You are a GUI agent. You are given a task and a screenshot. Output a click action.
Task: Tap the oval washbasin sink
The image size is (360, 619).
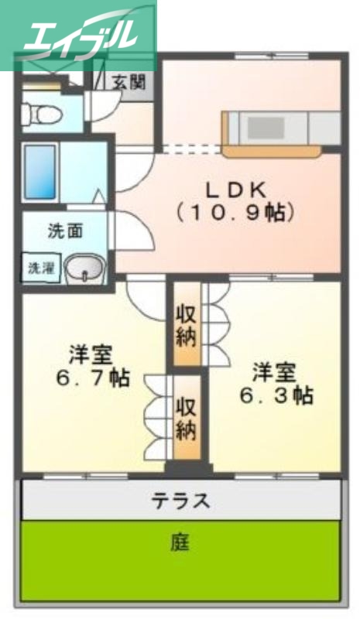coord(83,268)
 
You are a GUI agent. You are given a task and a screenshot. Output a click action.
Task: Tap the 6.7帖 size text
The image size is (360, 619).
coord(92,379)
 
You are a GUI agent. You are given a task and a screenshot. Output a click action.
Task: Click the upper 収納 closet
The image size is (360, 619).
coord(186,325)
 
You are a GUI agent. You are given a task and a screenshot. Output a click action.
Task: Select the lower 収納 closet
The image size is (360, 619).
coord(186,418)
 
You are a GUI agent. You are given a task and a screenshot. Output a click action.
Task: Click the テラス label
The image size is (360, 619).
coord(180,501)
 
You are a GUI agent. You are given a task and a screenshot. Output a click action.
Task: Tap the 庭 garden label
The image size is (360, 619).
coord(180,542)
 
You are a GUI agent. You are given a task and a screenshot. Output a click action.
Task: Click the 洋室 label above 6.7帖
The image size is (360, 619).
coord(91,356)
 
